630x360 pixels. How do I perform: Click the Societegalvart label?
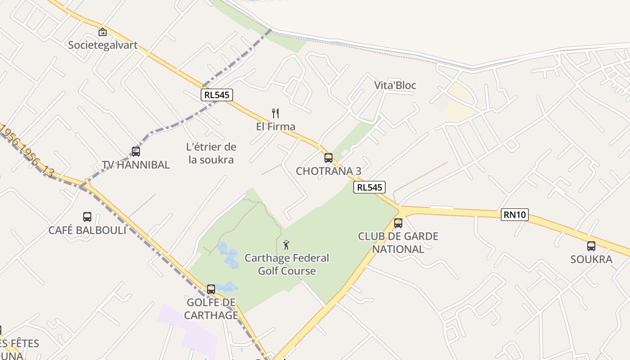103,45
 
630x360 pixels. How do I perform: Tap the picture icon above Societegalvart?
103,32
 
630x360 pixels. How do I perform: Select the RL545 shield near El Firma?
216,94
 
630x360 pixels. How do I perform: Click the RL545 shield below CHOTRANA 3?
369,187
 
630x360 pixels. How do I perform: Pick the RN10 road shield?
515,215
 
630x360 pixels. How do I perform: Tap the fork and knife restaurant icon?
275,113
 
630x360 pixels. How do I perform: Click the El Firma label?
275,126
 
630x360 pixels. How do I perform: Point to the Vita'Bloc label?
395,85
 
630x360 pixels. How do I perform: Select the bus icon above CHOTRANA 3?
328,157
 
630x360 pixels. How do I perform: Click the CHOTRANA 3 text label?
328,171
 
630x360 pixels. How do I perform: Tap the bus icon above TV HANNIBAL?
136,151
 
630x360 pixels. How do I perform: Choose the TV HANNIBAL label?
136,165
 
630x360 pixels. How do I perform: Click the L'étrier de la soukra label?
211,153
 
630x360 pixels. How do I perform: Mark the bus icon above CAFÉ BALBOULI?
87,217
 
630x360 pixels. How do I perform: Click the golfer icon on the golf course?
286,245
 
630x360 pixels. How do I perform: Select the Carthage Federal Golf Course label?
287,264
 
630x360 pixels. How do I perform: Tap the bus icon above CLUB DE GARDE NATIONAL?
398,223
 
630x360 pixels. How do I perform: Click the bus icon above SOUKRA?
591,246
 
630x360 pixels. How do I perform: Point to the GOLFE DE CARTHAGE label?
211,308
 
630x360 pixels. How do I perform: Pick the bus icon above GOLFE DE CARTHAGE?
211,289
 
